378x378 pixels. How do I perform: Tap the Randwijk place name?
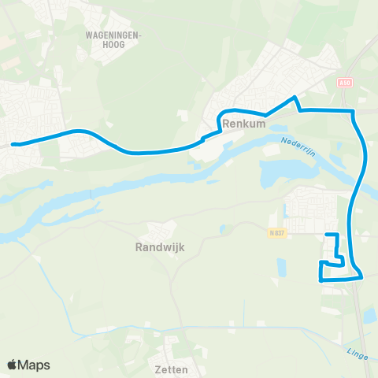click(x=157, y=247)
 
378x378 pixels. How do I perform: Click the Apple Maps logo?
click(x=28, y=365)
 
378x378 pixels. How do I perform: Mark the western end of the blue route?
click(x=13, y=144)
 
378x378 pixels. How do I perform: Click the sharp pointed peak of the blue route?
click(x=295, y=98)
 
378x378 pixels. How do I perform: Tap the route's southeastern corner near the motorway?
click(x=361, y=276)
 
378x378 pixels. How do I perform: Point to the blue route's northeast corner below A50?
click(x=354, y=111)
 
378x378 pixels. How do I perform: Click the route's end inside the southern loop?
click(x=328, y=235)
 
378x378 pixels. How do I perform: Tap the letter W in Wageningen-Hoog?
click(x=87, y=35)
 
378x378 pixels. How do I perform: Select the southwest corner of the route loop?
click(x=321, y=280)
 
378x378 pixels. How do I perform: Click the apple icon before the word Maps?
click(x=12, y=365)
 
